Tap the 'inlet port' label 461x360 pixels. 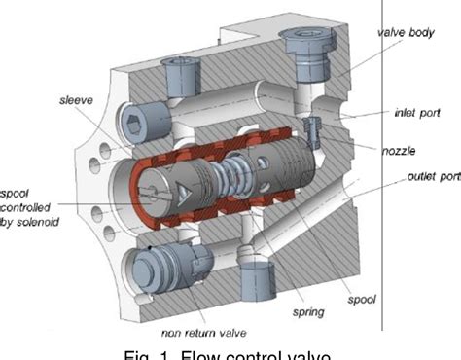point(416,112)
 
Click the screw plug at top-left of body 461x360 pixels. point(180,71)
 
